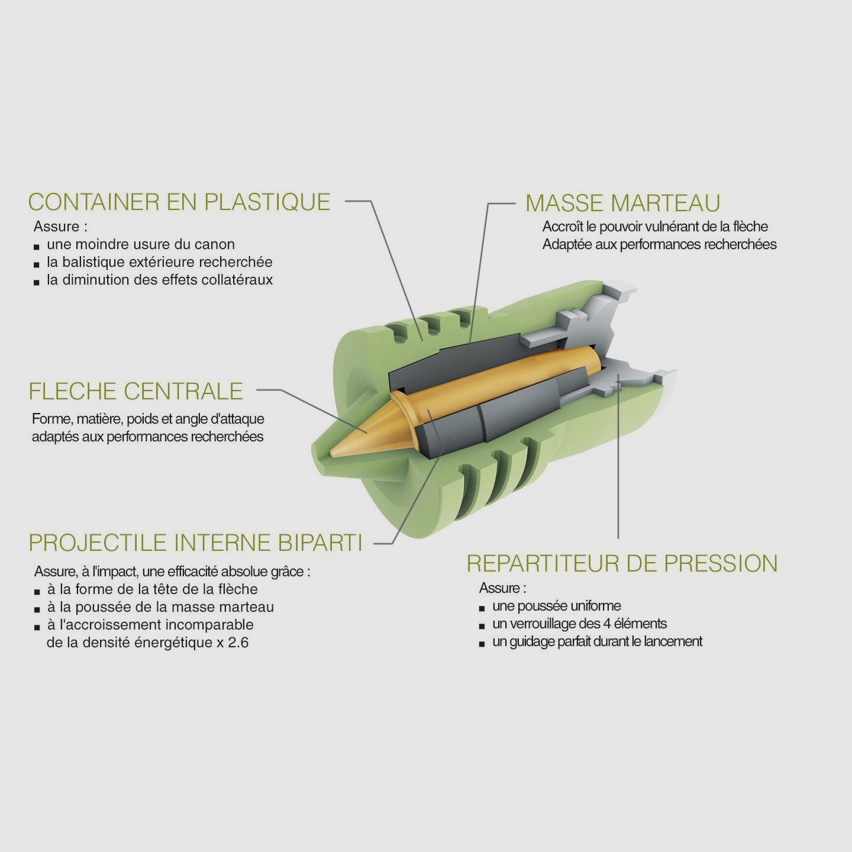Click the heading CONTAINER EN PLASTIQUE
[179, 202]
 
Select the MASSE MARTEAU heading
[623, 203]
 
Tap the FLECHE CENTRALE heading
[135, 391]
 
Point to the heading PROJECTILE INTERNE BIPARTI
[195, 543]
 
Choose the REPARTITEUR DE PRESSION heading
[622, 563]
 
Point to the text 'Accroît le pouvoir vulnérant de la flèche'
[655, 227]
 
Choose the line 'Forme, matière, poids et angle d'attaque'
[148, 419]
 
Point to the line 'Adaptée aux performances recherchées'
[659, 244]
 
